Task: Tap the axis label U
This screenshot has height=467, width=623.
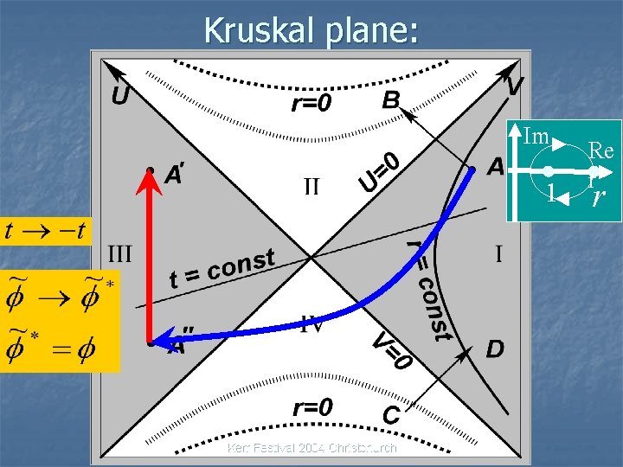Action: [120, 94]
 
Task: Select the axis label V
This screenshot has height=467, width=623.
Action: [515, 86]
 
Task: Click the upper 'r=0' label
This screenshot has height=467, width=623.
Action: [311, 105]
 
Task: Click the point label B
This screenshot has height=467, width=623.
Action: [391, 100]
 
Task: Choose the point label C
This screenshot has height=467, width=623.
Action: [391, 416]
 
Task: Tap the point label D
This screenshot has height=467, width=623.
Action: [495, 349]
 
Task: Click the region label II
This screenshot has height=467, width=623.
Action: [311, 186]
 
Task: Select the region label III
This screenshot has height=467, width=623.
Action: [119, 253]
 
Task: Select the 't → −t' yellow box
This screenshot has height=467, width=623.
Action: [45, 231]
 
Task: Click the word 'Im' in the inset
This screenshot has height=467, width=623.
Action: [536, 135]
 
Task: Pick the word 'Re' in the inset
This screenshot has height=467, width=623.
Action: [601, 150]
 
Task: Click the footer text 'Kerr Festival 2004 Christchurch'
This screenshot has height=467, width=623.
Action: [311, 448]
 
